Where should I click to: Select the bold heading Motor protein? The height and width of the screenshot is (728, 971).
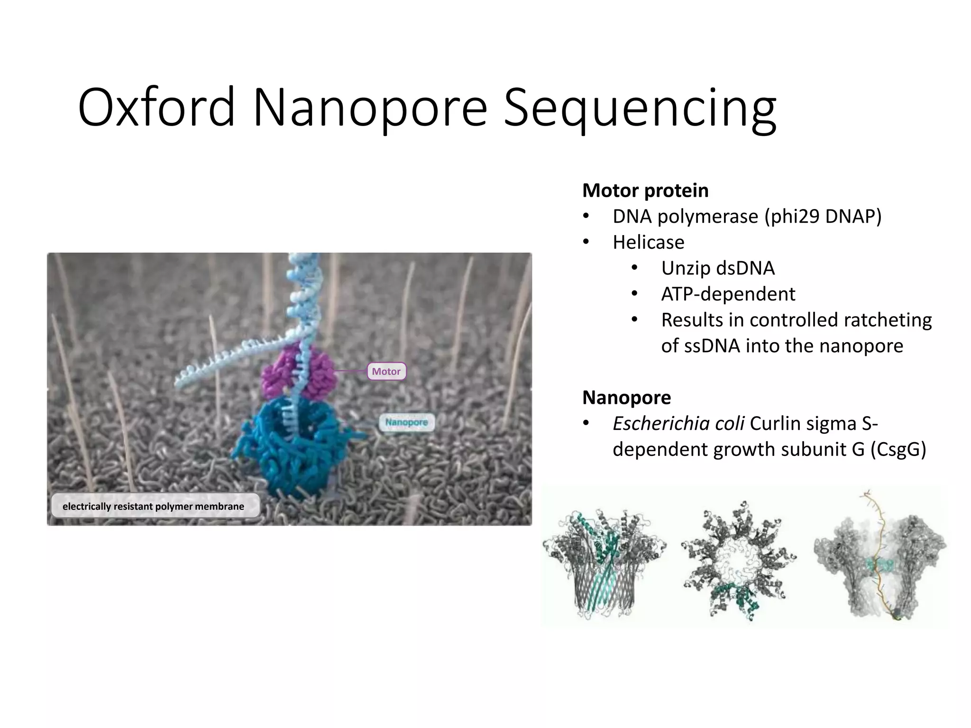[645, 191]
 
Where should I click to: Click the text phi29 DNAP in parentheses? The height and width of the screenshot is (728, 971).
[823, 217]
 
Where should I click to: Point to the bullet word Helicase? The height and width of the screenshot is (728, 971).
[648, 243]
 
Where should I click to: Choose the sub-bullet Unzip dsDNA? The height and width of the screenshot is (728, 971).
[717, 268]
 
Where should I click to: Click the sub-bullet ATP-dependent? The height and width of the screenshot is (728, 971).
[728, 294]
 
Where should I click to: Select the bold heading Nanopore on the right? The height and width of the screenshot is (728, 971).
[626, 398]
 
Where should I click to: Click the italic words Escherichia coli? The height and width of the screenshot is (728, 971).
[678, 424]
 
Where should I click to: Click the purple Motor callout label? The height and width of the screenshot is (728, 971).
[386, 372]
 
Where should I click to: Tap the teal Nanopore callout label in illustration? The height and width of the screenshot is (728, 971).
[406, 422]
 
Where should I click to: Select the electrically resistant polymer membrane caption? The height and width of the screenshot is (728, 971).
[154, 506]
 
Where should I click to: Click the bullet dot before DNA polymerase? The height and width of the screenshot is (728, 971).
[586, 217]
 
